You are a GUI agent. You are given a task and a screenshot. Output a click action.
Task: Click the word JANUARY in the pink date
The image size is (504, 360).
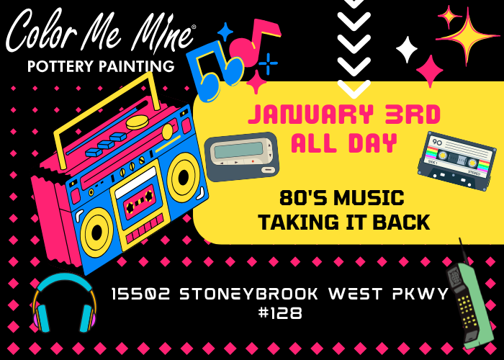click(311, 114)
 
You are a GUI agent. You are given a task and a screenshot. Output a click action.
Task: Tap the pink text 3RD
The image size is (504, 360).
click(413, 114)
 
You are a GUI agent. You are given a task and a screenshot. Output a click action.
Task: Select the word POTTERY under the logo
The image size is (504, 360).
click(60, 66)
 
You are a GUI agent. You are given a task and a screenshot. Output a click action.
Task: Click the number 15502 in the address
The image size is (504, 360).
click(140, 294)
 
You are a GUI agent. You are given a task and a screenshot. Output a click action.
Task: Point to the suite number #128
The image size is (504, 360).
click(280, 312)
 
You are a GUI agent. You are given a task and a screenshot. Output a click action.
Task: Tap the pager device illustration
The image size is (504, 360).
click(241, 156)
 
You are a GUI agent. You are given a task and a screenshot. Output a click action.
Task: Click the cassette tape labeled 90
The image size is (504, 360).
click(456, 161)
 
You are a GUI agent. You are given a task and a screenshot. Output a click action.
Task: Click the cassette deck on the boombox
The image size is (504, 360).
click(140, 206)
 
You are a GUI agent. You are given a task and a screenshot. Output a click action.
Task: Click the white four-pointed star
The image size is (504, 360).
click(407, 49)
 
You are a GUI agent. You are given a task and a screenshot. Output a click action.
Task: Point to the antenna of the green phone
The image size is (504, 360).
click(462, 251)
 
